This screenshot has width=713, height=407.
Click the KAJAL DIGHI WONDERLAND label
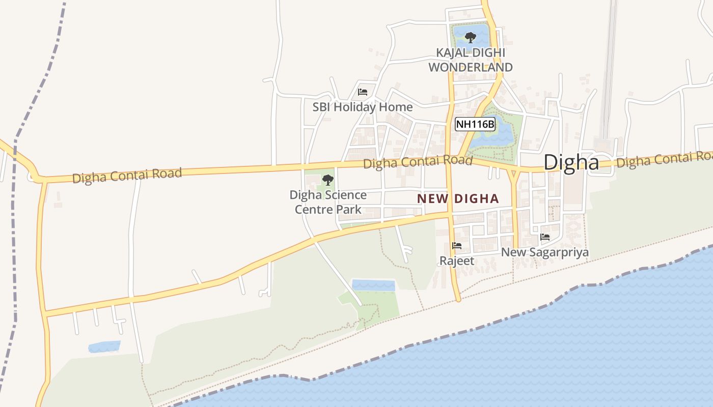point(470,60)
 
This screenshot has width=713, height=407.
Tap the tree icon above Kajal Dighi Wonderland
point(470,37)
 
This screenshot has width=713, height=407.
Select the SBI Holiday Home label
point(362,107)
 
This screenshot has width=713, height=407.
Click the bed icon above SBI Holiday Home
point(362,92)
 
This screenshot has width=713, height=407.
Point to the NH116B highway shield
point(475,124)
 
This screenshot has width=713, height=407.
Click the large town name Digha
point(571,162)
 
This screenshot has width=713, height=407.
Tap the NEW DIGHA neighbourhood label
point(457,198)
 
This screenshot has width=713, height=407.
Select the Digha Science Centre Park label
point(328,202)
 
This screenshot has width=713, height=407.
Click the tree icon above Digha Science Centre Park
point(328,180)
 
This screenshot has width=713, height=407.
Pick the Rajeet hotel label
point(457,261)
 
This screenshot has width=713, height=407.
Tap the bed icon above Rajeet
point(457,246)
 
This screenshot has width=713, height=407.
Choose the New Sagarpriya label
point(544,252)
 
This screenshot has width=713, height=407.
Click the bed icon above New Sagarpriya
point(544,237)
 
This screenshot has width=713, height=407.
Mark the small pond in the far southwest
point(104,346)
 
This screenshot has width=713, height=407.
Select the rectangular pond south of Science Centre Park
point(373,285)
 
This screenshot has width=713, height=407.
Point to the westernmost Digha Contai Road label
point(127,176)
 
